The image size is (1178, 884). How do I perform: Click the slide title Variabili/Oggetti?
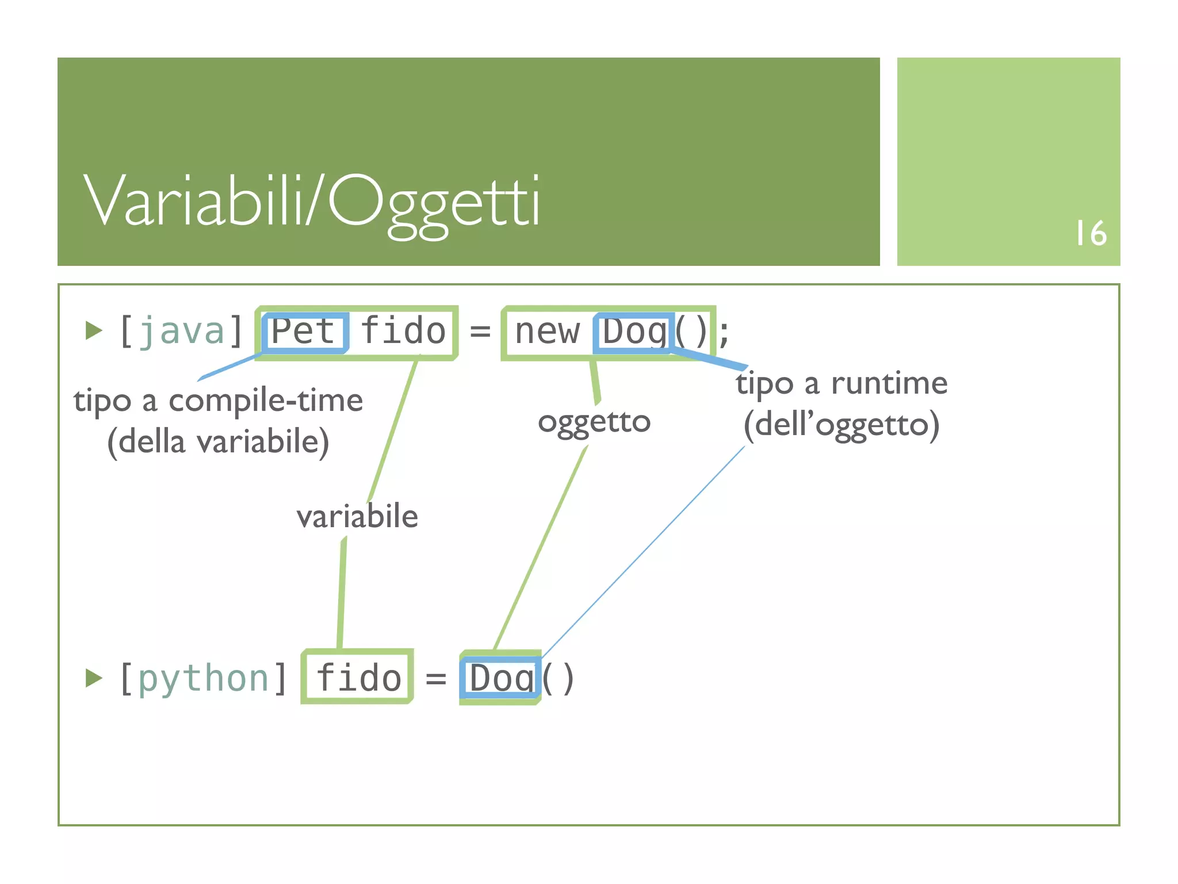(x=311, y=201)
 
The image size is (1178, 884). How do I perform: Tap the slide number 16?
(x=1091, y=233)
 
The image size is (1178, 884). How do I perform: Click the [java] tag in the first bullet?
(x=181, y=331)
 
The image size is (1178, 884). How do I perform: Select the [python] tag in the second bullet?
(x=203, y=678)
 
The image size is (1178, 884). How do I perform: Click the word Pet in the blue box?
(x=303, y=331)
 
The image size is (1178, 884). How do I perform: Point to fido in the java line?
(x=403, y=331)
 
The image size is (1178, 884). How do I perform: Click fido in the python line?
(x=358, y=678)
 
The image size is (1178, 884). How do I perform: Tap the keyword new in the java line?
(x=547, y=331)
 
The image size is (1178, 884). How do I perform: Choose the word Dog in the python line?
(x=502, y=679)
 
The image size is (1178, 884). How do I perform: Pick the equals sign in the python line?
(x=435, y=679)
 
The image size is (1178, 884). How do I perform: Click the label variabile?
(x=357, y=516)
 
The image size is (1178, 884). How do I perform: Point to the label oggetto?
(x=594, y=422)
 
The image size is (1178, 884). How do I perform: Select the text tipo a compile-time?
(x=218, y=401)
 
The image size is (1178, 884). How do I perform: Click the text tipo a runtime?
(x=842, y=383)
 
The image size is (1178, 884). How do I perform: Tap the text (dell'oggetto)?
(x=842, y=425)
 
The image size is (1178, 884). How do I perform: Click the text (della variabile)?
(x=218, y=442)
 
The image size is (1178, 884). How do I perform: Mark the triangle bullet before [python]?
(x=93, y=678)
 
